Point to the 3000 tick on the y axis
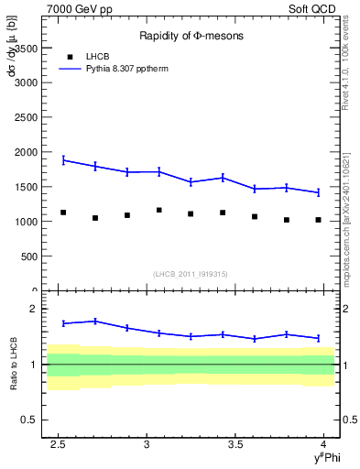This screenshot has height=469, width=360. [27, 82]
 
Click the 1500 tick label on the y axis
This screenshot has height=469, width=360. [27, 187]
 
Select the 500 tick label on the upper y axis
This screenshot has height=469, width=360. [30, 256]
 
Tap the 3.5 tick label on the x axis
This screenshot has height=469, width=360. [235, 444]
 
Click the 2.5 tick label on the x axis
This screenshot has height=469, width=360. [59, 444]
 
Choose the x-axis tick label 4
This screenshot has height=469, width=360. [324, 444]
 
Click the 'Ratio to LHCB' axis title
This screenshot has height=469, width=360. [11, 365]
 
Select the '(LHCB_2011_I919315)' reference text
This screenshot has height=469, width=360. [191, 274]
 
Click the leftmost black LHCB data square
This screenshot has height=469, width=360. [63, 213]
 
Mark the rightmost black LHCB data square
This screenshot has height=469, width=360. [318, 220]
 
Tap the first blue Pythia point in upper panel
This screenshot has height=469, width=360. [63, 159]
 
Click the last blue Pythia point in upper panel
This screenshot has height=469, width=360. [318, 192]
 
